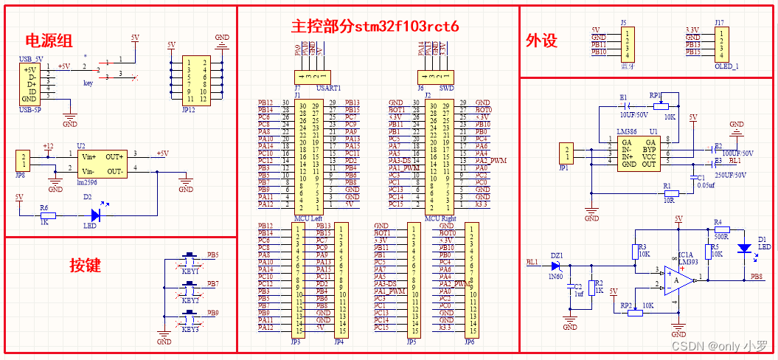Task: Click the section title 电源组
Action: point(49,41)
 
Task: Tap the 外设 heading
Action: point(541,41)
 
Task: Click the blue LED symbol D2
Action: point(94,215)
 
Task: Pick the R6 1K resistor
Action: point(45,215)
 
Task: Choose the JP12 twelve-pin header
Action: point(196,80)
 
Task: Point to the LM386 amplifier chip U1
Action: point(639,153)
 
